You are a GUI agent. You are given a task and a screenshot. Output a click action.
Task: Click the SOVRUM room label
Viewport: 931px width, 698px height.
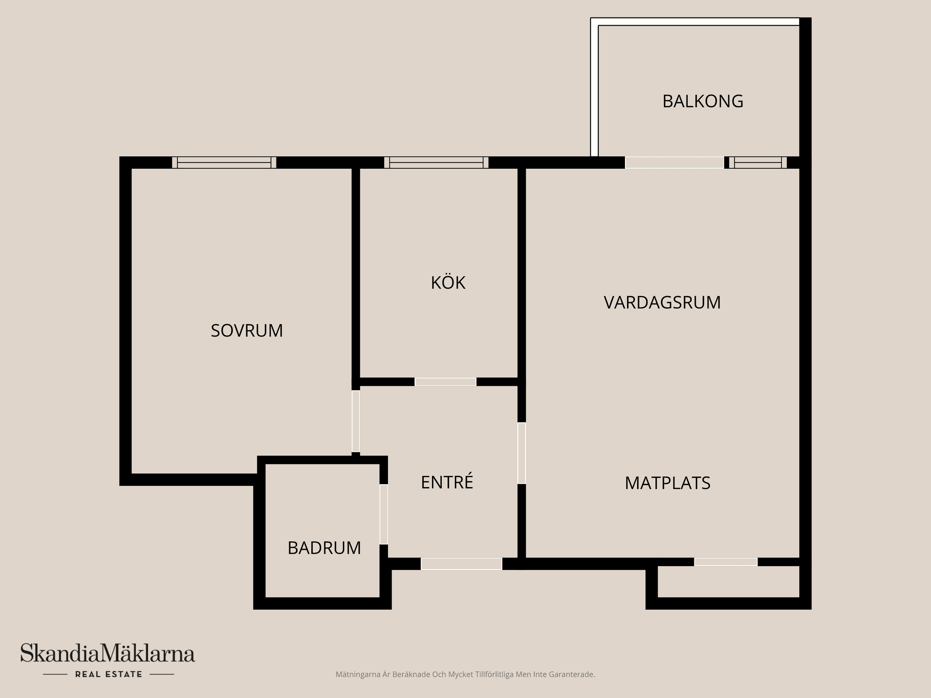click(247, 331)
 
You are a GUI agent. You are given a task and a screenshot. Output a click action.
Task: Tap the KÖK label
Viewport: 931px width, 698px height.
click(448, 283)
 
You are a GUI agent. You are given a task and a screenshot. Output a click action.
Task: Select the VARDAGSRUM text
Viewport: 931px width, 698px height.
click(662, 302)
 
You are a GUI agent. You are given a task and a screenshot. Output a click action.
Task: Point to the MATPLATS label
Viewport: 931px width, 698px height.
click(667, 483)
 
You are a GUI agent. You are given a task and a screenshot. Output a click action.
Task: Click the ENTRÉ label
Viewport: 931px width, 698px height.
click(447, 482)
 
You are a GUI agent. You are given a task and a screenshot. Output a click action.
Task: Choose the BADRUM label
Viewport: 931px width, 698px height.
click(324, 548)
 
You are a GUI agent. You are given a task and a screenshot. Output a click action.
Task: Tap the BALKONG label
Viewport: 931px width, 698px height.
click(703, 101)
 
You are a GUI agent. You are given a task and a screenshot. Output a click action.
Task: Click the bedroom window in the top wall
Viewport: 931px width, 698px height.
click(224, 162)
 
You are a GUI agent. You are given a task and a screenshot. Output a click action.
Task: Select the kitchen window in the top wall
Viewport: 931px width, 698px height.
click(436, 162)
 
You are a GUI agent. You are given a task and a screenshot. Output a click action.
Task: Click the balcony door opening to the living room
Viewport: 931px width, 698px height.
click(674, 162)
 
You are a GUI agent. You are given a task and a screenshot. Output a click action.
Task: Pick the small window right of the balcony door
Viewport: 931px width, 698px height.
click(758, 162)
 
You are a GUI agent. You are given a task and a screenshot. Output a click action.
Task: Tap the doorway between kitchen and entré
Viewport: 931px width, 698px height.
click(445, 382)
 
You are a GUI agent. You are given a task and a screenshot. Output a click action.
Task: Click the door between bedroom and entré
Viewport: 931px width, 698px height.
click(356, 421)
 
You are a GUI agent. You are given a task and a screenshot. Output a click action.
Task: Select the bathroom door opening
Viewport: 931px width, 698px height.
click(384, 514)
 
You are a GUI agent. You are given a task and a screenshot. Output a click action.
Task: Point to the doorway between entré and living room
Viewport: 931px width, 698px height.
click(522, 453)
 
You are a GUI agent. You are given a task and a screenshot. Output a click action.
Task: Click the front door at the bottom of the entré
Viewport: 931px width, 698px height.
click(461, 564)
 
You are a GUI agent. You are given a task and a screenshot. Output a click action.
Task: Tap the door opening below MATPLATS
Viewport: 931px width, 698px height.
click(725, 562)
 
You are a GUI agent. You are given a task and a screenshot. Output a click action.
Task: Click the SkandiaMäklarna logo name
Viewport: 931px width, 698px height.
click(108, 653)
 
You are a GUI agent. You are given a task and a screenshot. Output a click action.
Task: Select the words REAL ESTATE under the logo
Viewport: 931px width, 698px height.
click(109, 674)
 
